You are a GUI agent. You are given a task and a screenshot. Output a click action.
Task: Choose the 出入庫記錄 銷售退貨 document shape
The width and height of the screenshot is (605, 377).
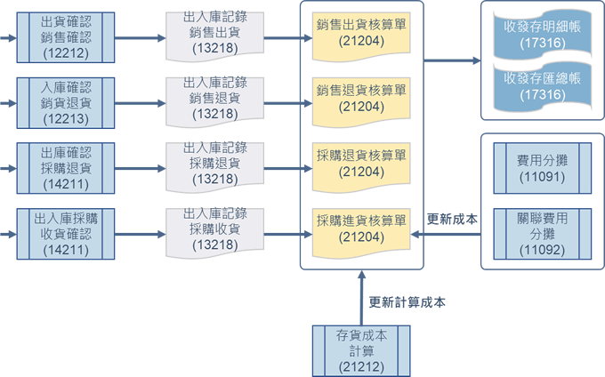pos(215,100)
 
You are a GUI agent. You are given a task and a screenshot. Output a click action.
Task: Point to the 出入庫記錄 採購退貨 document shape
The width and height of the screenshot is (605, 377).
pos(215,164)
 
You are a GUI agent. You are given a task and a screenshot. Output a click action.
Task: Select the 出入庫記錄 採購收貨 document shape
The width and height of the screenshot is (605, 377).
pos(215,229)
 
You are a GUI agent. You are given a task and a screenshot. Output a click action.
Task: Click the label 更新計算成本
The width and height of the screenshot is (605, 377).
pos(407,302)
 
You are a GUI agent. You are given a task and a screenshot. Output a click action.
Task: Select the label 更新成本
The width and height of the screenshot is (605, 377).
pos(453,220)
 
